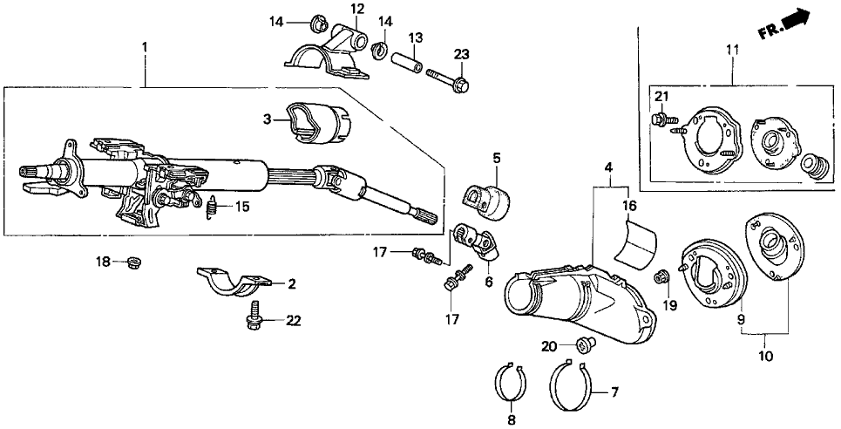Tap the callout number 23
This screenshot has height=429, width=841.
(461, 54)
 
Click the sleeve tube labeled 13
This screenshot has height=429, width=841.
(406, 65)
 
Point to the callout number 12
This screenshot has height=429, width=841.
(335, 8)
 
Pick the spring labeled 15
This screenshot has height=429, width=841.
(210, 208)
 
